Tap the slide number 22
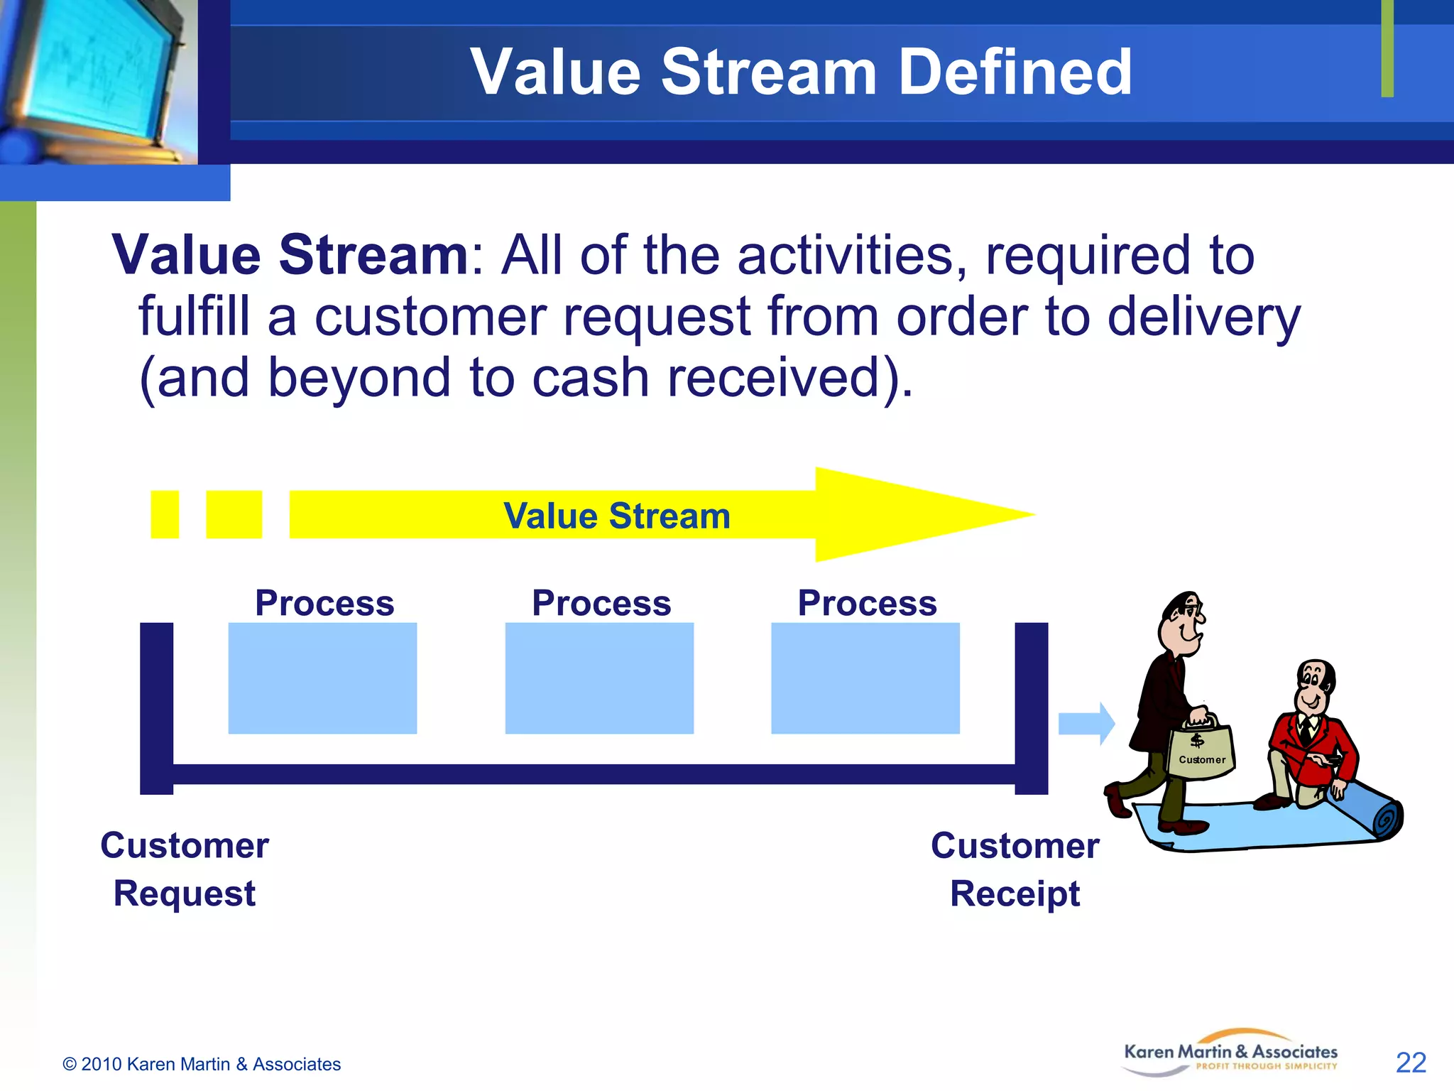tap(1411, 1063)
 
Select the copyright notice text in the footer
tap(202, 1064)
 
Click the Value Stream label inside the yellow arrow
tap(616, 516)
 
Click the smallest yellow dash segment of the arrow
tap(165, 514)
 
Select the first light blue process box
tap(322, 678)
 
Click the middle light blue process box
tap(599, 678)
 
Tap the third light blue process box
tap(865, 678)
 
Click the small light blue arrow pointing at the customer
tap(1086, 724)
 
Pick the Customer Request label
tap(185, 869)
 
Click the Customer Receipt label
tap(1015, 869)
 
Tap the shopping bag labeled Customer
tap(1201, 751)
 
